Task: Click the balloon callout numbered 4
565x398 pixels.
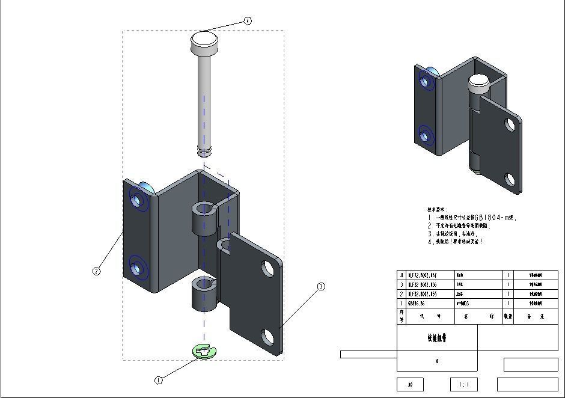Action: click(x=248, y=21)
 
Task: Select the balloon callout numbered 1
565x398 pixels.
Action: click(x=159, y=381)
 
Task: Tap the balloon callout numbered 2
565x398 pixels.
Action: click(x=96, y=271)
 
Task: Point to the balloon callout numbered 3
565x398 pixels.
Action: click(x=321, y=287)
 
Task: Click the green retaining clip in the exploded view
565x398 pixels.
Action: click(x=204, y=351)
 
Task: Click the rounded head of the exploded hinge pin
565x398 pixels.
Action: click(x=204, y=41)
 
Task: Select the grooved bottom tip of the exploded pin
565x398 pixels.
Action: click(x=204, y=149)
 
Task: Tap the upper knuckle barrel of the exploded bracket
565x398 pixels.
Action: click(x=203, y=218)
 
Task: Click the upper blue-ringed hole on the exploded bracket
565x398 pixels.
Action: click(x=137, y=200)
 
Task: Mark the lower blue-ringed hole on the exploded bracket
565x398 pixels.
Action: click(x=137, y=268)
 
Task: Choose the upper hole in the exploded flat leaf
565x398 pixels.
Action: click(x=268, y=268)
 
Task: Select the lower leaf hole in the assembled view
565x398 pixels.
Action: click(x=510, y=179)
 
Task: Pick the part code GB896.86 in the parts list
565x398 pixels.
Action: click(x=417, y=304)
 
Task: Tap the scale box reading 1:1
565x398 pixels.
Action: click(x=464, y=384)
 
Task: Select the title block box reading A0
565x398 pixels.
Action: click(x=411, y=384)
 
